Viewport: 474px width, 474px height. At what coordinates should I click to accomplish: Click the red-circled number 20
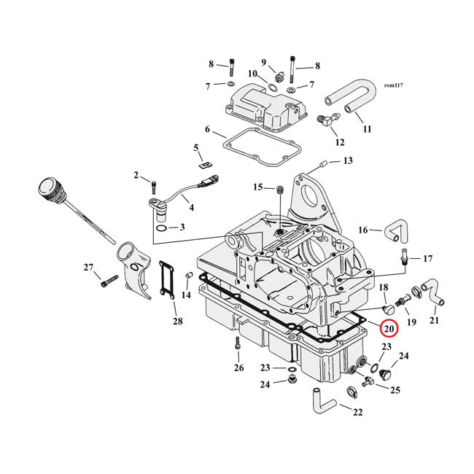pyautogui.click(x=388, y=329)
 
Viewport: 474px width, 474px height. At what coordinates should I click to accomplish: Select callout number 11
pyautogui.click(x=367, y=129)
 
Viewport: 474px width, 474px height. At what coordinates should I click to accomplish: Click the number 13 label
pyautogui.click(x=347, y=160)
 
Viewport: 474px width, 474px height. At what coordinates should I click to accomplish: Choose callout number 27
pyautogui.click(x=89, y=268)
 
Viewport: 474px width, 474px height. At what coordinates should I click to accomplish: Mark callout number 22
pyautogui.click(x=357, y=412)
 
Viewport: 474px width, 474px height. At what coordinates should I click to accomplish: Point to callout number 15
pyautogui.click(x=257, y=187)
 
